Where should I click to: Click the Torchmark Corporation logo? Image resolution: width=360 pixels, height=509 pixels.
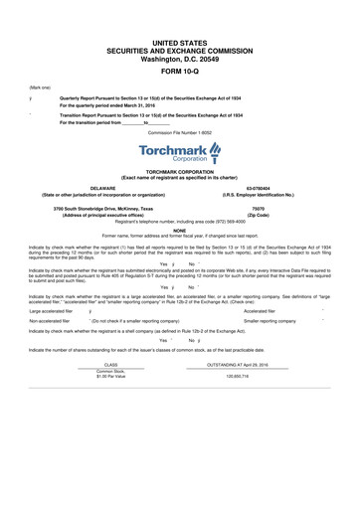pos(179,152)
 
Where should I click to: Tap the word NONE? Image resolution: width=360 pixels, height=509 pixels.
pos(179,230)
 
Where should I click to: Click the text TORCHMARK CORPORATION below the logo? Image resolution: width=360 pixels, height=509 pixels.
pos(179,171)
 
